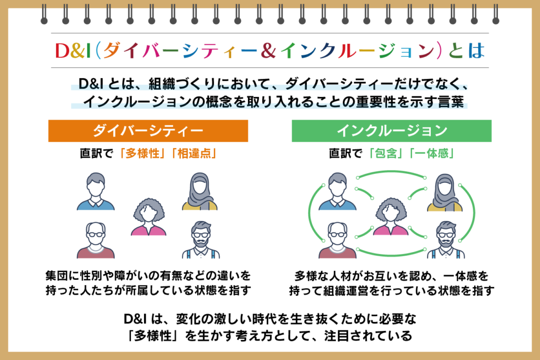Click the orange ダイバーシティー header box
[148, 131]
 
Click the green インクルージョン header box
[392, 131]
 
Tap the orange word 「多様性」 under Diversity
[140, 153]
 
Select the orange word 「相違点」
[194, 153]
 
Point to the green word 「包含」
[385, 153]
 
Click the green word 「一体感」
[431, 153]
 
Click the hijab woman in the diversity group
[200, 191]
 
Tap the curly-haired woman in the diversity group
[148, 217]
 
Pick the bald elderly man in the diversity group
[96, 240]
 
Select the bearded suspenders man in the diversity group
[201, 240]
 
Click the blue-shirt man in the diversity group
[96, 191]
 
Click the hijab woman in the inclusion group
[445, 192]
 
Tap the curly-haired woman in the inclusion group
[391, 217]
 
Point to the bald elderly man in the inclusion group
[337, 240]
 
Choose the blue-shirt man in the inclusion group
[337, 191]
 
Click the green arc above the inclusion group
[392, 171]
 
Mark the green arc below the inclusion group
[392, 255]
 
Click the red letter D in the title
[62, 51]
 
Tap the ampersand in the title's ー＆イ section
[268, 51]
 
